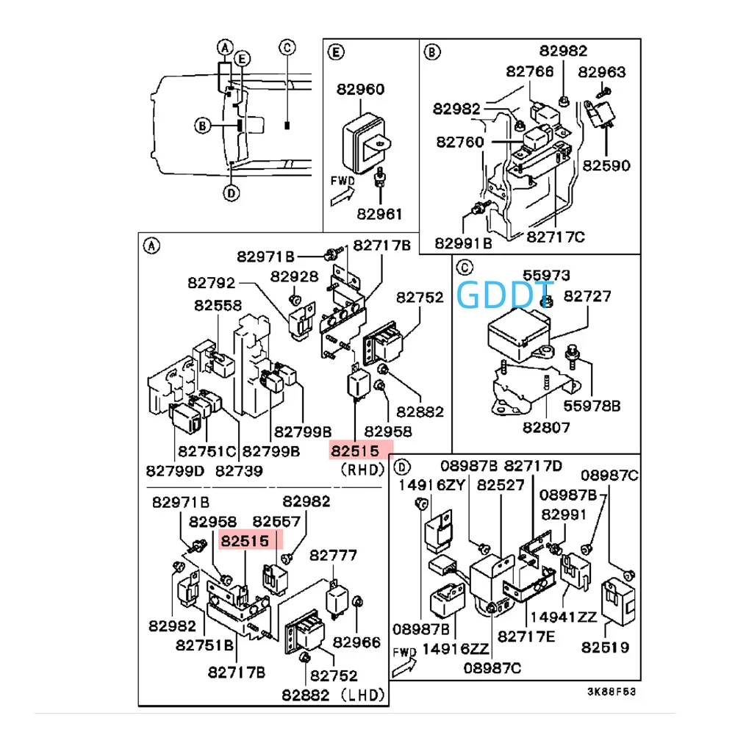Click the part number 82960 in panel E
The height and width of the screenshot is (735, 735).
(x=360, y=90)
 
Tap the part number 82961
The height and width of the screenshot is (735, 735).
(x=379, y=215)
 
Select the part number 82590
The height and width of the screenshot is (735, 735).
(x=606, y=165)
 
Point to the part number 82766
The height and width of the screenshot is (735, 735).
(x=531, y=71)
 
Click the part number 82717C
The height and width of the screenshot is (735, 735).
(x=556, y=237)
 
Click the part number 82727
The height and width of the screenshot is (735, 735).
(x=588, y=296)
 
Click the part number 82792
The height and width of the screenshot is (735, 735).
(x=212, y=282)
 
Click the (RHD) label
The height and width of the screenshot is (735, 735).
(x=360, y=468)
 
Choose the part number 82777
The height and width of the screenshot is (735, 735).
(x=333, y=555)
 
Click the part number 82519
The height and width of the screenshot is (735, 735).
(x=605, y=648)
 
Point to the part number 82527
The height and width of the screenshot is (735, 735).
(x=501, y=485)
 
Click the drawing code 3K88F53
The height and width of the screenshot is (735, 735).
(x=612, y=692)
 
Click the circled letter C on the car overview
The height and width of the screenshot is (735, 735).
(x=287, y=48)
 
